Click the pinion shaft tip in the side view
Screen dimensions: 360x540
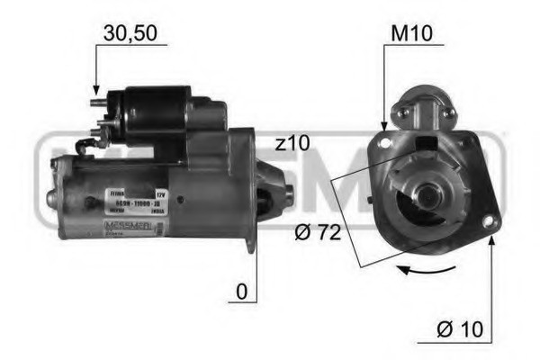click(288, 192)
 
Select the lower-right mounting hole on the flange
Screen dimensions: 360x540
click(489, 221)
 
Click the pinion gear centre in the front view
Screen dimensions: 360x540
click(423, 193)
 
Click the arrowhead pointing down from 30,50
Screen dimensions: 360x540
click(96, 91)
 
